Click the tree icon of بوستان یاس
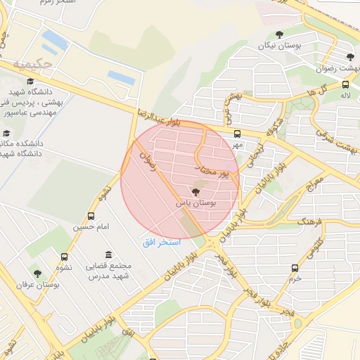coord(195,192)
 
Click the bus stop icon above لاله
coord(345,83)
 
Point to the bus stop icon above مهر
coord(236,134)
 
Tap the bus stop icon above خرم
coord(295,268)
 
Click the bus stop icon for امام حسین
coord(91,217)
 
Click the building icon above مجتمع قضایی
coord(107,255)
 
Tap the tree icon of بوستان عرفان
coord(37,274)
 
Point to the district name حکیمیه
coord(38,64)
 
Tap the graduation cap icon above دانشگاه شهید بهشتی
coord(30,82)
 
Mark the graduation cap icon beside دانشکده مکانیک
coord(7,134)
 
